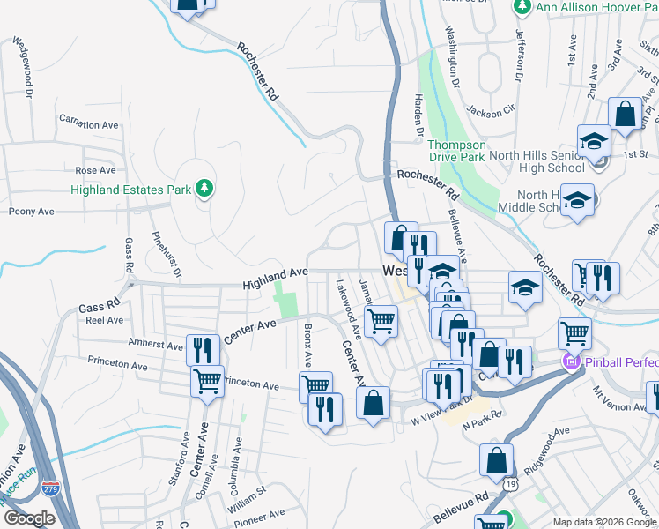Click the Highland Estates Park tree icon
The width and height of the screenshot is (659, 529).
(x=204, y=188)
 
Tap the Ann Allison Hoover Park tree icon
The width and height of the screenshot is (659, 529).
(x=521, y=7)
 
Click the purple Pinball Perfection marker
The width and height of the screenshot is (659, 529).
(x=570, y=361)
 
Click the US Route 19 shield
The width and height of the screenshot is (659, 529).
(x=510, y=484)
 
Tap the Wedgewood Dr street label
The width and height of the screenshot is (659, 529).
(x=21, y=67)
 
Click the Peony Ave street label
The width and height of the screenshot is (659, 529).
(x=31, y=212)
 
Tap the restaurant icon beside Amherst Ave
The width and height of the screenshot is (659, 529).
(x=203, y=348)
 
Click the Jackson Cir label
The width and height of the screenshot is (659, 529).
(x=491, y=112)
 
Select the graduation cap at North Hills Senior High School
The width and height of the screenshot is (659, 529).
(x=595, y=140)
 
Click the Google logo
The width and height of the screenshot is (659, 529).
(x=29, y=519)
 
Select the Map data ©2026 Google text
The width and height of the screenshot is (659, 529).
(x=603, y=522)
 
